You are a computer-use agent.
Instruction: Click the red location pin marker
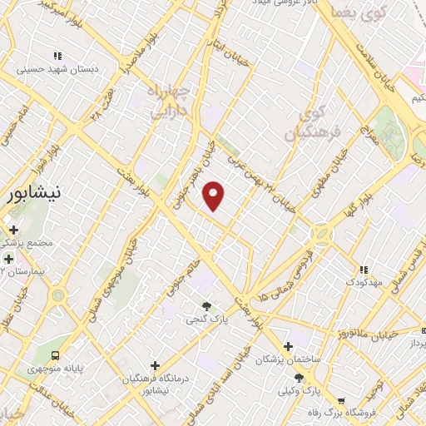(214, 196)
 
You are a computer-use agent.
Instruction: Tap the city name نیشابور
(33, 196)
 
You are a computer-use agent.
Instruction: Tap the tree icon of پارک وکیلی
(299, 378)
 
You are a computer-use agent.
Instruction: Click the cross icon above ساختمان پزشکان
(288, 346)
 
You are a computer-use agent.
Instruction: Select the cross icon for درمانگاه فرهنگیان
(155, 365)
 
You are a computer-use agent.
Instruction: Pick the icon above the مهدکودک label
(363, 270)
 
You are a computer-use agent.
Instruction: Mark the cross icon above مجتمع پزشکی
(13, 230)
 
